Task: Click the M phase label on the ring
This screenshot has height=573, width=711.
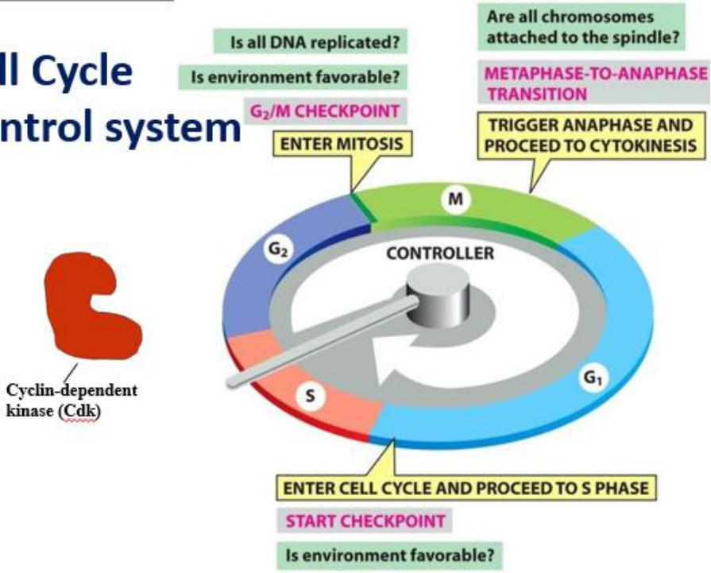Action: pos(454,200)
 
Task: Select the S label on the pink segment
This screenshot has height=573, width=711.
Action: pos(303,397)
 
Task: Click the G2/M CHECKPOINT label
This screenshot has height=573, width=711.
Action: pos(324,112)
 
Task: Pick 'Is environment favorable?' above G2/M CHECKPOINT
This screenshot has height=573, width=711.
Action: pos(295,78)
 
